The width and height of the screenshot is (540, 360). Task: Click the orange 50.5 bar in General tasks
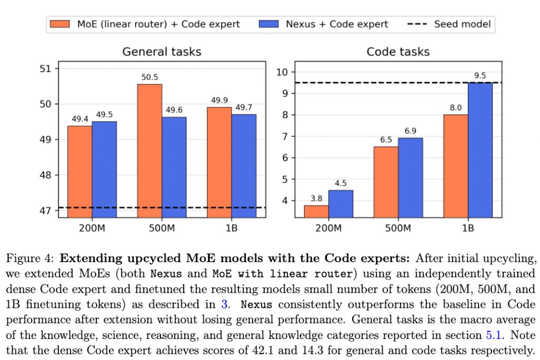point(149,151)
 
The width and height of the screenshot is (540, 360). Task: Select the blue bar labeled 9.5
point(480,150)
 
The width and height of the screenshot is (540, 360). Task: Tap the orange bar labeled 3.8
point(316,212)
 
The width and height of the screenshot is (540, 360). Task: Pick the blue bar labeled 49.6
point(174,167)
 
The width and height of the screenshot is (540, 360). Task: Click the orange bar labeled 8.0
point(456,166)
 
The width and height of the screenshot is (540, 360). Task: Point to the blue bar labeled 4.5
point(341,204)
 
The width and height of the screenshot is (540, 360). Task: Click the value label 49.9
point(219,100)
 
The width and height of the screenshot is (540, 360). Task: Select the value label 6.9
point(410,131)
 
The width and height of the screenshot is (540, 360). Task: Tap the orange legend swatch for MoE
point(60,24)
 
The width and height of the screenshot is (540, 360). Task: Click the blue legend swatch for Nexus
point(268,24)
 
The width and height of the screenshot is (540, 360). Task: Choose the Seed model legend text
point(462,24)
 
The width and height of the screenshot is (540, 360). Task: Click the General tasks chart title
point(162,52)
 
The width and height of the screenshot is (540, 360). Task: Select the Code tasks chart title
point(398,52)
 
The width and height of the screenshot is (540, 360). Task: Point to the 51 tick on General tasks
point(45,69)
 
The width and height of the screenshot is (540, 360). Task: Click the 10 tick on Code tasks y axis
point(282,72)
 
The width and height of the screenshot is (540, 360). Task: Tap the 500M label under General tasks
point(162,228)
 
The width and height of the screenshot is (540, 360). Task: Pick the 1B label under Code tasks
point(468,228)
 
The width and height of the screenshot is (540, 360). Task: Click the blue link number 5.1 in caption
point(493,335)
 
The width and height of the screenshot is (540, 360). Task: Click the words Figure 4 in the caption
point(29,258)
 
